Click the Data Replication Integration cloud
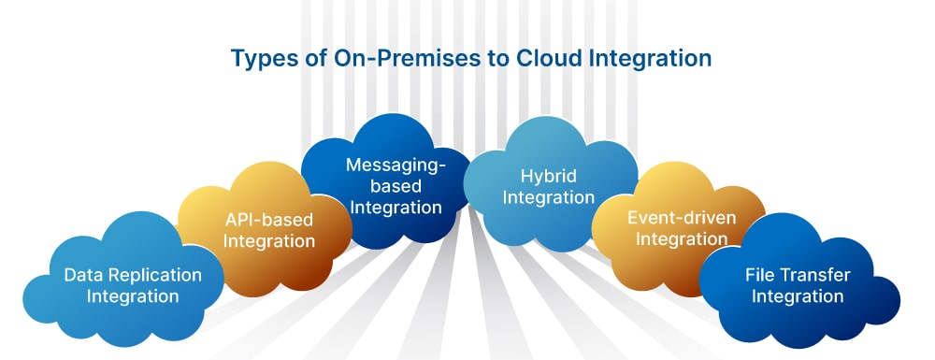122,281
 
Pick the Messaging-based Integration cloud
388,181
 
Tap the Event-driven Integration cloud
677,229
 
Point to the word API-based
269,221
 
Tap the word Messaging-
396,165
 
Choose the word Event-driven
682,218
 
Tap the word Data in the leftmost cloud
79,275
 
